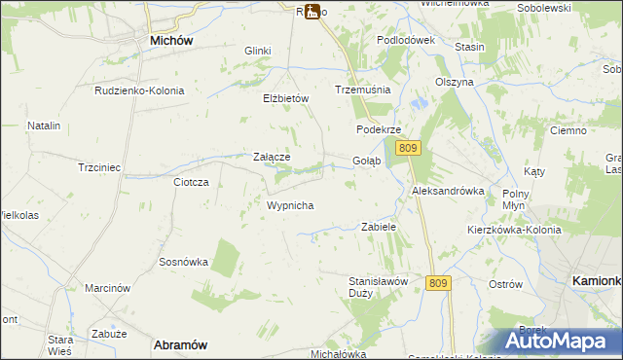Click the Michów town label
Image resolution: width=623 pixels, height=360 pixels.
[x=170, y=41]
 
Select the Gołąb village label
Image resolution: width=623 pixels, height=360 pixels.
[x=366, y=161]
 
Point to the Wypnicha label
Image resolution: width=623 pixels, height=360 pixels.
[x=289, y=206]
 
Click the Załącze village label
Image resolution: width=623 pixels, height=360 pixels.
[x=272, y=156]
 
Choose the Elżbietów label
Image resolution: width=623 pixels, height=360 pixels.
[x=285, y=98]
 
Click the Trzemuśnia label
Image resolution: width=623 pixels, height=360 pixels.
[x=362, y=89]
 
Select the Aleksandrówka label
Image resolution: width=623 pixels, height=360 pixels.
[x=448, y=191]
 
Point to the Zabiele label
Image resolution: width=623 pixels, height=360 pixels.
[x=378, y=226]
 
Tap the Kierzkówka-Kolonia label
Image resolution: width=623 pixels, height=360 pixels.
[x=514, y=229]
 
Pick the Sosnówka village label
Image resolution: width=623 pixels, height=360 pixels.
[x=184, y=262]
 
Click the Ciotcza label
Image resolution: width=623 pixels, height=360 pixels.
[x=191, y=182]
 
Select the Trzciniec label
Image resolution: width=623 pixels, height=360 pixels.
[x=99, y=167]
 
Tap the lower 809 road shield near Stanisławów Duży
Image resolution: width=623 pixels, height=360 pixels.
[x=438, y=282]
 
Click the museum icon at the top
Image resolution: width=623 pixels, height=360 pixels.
[x=312, y=12]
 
